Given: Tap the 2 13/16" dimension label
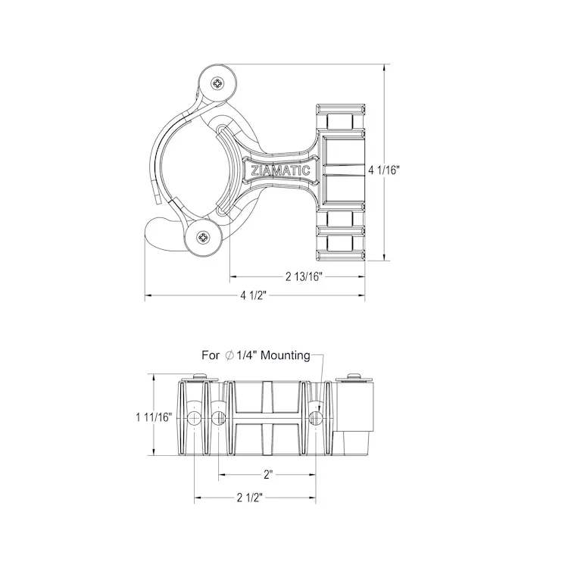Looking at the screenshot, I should point(305,276).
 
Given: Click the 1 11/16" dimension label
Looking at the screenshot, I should point(154,417).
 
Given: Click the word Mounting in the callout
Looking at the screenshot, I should point(282,354).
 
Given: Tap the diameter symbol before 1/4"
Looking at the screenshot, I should point(229,354).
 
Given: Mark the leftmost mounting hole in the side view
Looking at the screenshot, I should point(195,418).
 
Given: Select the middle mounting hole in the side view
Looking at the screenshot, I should point(219,418).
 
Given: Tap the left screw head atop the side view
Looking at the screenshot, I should point(198,376).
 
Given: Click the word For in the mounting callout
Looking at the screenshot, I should point(211,354).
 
